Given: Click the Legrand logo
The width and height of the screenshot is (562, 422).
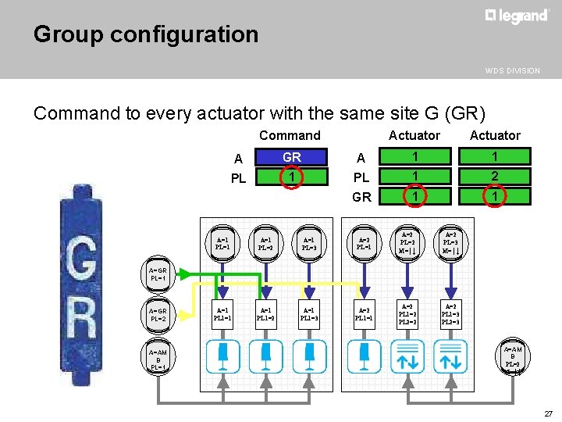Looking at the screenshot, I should tap(517, 16).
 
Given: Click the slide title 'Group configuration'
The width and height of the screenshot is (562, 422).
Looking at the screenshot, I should tap(146, 34).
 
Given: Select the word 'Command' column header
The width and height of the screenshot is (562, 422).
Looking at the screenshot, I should tap(290, 135).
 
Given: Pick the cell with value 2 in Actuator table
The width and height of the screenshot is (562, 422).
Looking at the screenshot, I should tap(494, 177).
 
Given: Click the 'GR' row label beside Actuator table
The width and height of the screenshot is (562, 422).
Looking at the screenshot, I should tap(362, 197).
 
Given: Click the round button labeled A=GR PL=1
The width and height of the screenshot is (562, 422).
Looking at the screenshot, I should tap(158, 274).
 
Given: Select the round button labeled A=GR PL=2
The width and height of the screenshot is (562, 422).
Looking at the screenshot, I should tap(158, 315).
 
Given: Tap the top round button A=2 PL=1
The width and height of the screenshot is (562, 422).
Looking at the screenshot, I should tap(363, 241).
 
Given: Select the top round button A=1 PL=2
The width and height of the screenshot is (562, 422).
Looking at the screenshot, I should tap(265, 241).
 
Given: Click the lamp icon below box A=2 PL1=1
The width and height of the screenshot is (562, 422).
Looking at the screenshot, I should tap(363, 356).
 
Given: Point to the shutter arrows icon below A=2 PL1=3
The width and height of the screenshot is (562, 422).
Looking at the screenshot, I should tap(450, 356).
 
